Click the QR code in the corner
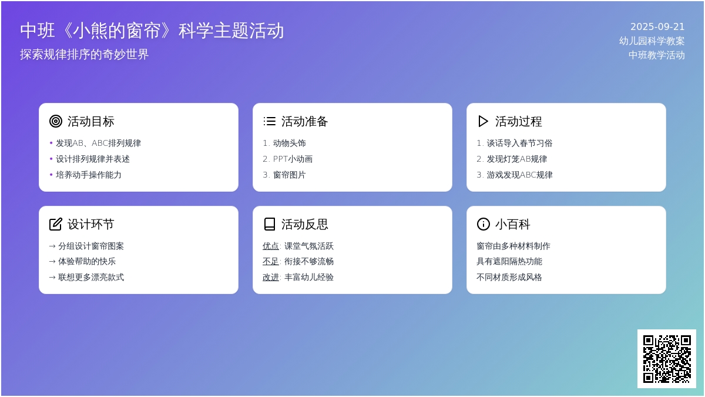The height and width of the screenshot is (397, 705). pyautogui.click(x=667, y=359)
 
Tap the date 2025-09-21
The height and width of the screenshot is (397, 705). pyautogui.click(x=657, y=27)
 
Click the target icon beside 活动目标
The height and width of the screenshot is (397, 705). pyautogui.click(x=56, y=121)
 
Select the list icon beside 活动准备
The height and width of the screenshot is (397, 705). pyautogui.click(x=270, y=121)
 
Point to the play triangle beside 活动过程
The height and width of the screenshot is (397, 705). pyautogui.click(x=483, y=121)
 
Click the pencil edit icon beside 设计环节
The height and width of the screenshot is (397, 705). pyautogui.click(x=56, y=224)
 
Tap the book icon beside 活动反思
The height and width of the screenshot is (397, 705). pyautogui.click(x=270, y=224)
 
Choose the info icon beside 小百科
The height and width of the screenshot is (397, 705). pyautogui.click(x=483, y=224)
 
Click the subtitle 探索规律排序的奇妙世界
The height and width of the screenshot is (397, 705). pyautogui.click(x=85, y=54)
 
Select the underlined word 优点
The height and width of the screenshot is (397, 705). pyautogui.click(x=271, y=246)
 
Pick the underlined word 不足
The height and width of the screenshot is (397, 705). pyautogui.click(x=271, y=261)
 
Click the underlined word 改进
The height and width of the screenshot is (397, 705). pyautogui.click(x=271, y=277)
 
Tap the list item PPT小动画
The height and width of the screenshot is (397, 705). pyautogui.click(x=293, y=159)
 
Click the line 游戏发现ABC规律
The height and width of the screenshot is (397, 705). pyautogui.click(x=519, y=175)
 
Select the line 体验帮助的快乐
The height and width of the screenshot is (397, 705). pyautogui.click(x=87, y=261)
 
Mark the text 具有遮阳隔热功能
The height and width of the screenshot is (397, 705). pyautogui.click(x=509, y=261)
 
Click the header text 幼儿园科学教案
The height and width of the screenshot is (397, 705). pyautogui.click(x=652, y=41)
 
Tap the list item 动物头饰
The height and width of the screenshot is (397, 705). pyautogui.click(x=289, y=143)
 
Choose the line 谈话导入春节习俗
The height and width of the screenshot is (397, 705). pyautogui.click(x=519, y=143)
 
